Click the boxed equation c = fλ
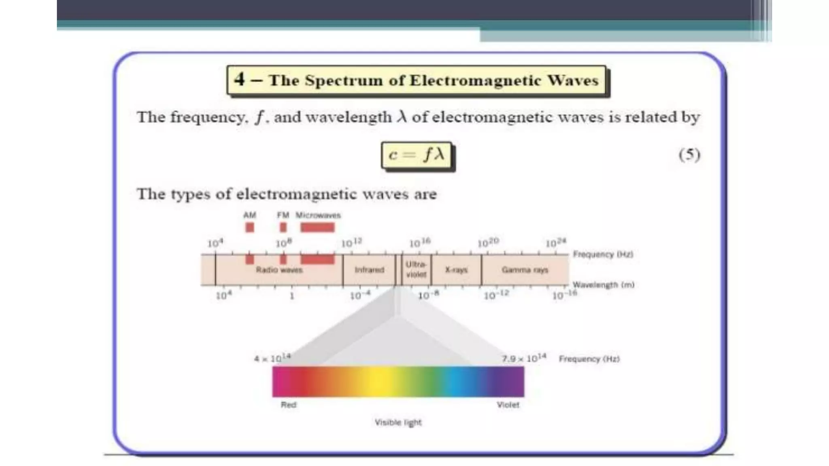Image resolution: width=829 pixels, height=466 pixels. [x=416, y=155]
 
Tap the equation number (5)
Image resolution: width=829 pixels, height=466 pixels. [x=689, y=155]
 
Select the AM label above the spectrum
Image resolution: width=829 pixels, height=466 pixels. [x=250, y=215]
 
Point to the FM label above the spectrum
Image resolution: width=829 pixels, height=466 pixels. [x=283, y=215]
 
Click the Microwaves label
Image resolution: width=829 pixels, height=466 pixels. [x=318, y=215]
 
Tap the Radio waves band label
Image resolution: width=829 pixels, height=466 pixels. [x=279, y=270]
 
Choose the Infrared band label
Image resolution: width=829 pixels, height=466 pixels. [x=369, y=270]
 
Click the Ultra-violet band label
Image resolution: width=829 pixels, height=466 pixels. [x=416, y=269]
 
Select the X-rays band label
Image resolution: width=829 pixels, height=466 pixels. [x=456, y=270]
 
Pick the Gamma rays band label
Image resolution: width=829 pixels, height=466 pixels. [x=525, y=270]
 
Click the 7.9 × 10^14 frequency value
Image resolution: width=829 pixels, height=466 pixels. [x=524, y=358]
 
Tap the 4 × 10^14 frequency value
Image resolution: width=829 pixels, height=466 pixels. [x=272, y=358]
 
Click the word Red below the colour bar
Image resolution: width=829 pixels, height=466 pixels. [x=289, y=405]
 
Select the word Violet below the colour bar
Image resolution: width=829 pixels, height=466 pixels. [x=508, y=405]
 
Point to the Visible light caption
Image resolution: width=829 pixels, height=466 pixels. [x=398, y=423]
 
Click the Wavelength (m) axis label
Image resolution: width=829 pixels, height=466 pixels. [x=603, y=285]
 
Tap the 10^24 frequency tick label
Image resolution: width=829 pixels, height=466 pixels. [x=556, y=243]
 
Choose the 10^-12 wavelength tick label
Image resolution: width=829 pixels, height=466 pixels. [x=496, y=295]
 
